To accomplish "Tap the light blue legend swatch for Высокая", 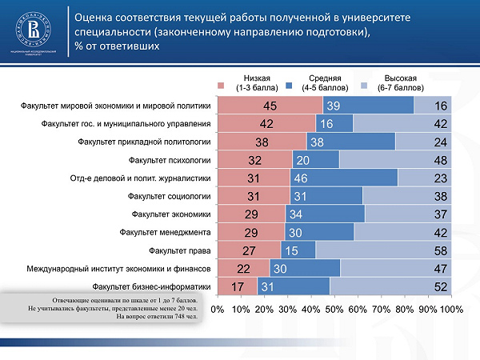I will [x=362, y=82].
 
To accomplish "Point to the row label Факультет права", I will [x=182, y=250].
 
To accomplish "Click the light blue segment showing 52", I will [x=391, y=286].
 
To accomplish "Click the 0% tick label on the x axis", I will [x=216, y=308].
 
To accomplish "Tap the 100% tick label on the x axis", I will [x=452, y=308].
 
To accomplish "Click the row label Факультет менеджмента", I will [x=165, y=232].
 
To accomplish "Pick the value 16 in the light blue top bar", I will [x=441, y=106].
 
